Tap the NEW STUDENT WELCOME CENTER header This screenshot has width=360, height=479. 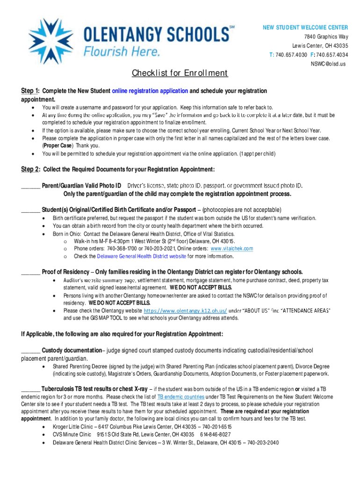pyautogui.click(x=304, y=27)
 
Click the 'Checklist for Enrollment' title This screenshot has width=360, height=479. pyautogui.click(x=180, y=73)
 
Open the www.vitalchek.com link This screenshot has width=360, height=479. pyautogui.click(x=232, y=249)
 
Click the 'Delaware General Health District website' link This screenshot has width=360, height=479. pyautogui.click(x=142, y=256)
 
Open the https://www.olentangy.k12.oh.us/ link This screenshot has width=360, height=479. pyautogui.click(x=185, y=311)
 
